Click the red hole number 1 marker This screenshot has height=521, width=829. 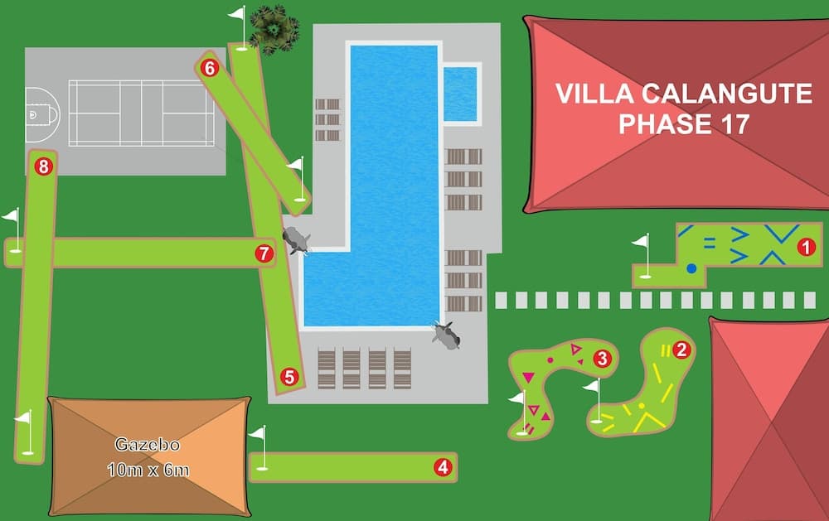[x=803, y=246]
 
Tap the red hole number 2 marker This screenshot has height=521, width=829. [x=681, y=350]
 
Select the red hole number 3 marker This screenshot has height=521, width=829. [x=602, y=359]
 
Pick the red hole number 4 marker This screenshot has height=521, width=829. [x=443, y=467]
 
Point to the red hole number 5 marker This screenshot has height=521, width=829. [x=289, y=377]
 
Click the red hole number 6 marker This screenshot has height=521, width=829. [x=209, y=68]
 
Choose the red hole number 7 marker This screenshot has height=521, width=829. [x=264, y=253]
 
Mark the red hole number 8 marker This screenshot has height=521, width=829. [x=43, y=166]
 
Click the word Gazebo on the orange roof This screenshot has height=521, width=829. [x=147, y=446]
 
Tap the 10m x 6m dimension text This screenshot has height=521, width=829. [x=148, y=470]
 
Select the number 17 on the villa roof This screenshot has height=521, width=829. [x=730, y=124]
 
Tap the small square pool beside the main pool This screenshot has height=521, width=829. [x=460, y=94]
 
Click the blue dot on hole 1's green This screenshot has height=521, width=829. [x=691, y=268]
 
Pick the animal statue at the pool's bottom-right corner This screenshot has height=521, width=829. [x=447, y=335]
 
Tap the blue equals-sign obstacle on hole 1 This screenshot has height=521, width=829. [x=710, y=244]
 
